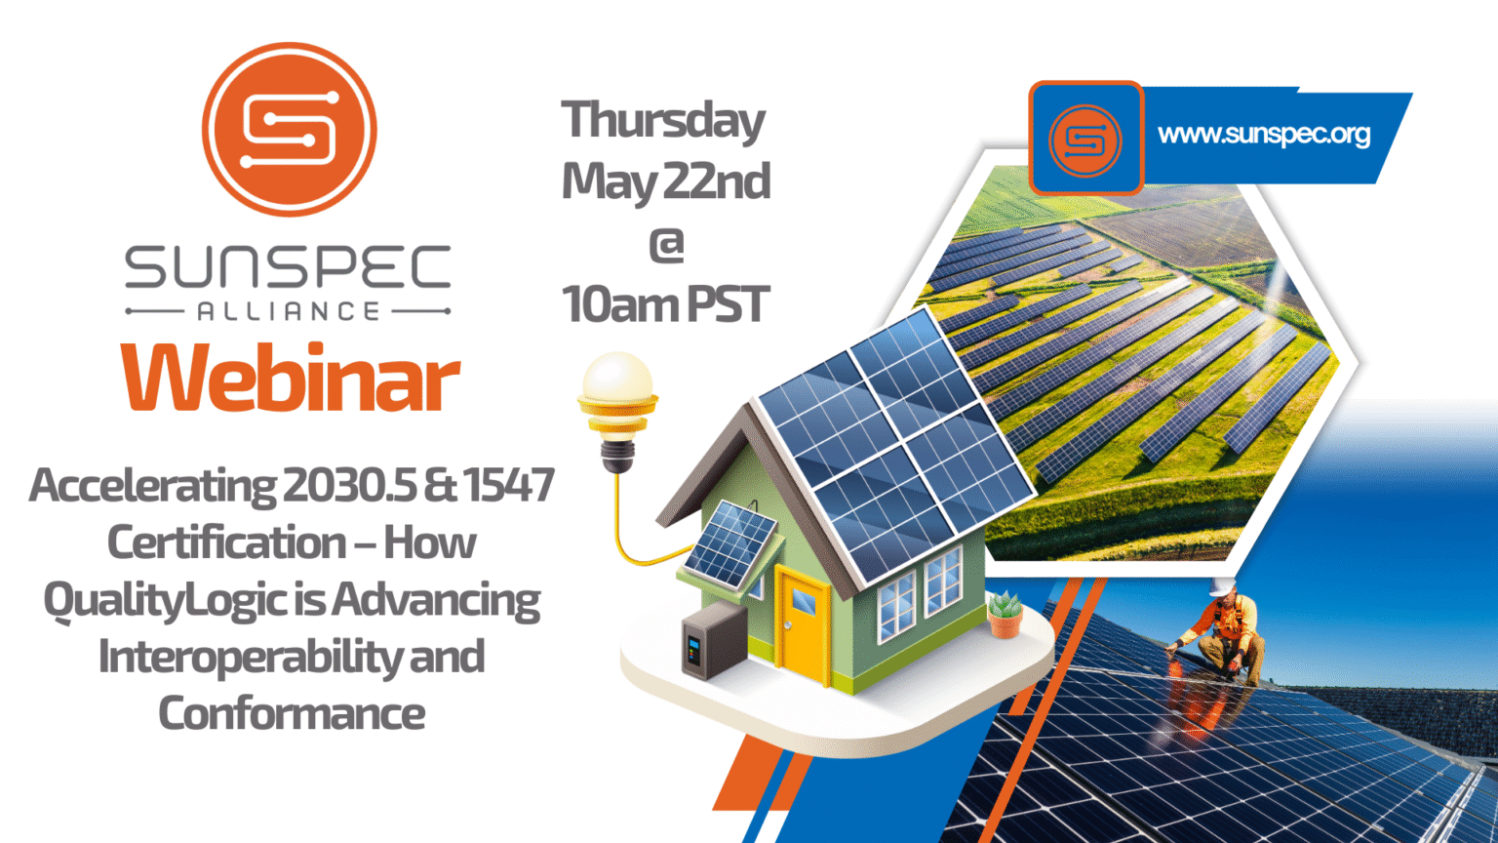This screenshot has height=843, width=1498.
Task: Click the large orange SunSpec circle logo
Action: point(289,129)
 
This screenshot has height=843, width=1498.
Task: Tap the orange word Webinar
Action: point(291,377)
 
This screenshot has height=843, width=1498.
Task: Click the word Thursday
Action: point(663,120)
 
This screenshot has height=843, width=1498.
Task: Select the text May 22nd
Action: point(666,181)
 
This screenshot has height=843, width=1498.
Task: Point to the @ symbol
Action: point(666,244)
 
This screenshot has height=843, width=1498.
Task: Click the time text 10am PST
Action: point(666,303)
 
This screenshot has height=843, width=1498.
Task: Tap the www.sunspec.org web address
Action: point(1264,135)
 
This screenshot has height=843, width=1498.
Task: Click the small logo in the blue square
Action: point(1085,140)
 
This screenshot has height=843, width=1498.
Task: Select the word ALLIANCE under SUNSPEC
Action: point(289,311)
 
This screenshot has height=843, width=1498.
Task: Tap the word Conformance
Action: point(292,713)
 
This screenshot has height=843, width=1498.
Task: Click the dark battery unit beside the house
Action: point(714,640)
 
